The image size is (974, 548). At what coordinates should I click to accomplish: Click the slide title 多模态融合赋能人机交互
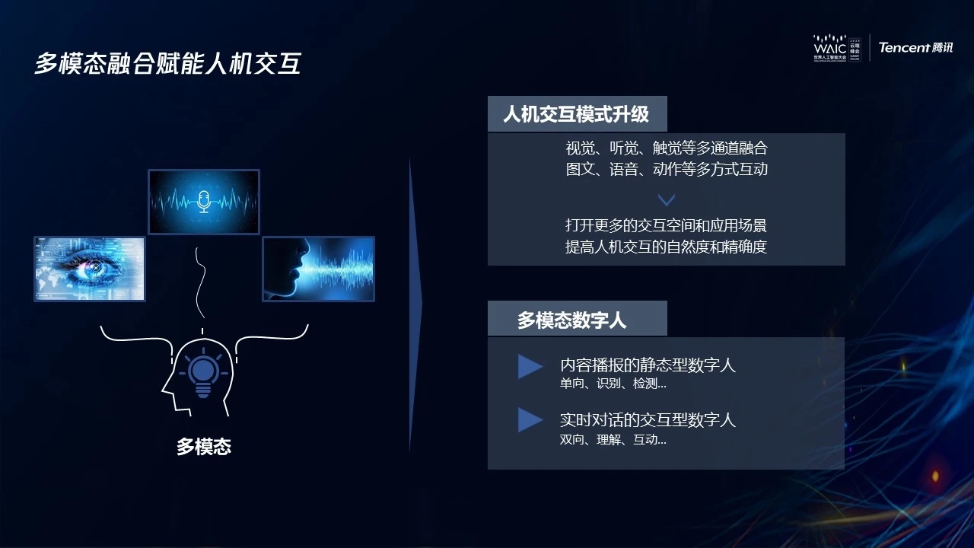pos(168,63)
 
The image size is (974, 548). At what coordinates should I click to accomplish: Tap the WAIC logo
pos(837,48)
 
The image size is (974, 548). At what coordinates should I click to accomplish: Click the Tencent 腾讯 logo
pos(915,47)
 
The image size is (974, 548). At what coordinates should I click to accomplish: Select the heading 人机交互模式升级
pos(576,114)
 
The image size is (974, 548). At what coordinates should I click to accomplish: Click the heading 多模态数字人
pos(571,320)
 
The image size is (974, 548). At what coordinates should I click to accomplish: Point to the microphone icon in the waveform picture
pos(203,202)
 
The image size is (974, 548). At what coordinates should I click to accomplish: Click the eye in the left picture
pos(94,268)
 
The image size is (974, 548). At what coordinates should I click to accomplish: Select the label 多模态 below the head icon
pos(203,447)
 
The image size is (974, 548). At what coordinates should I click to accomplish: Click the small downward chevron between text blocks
pos(666,199)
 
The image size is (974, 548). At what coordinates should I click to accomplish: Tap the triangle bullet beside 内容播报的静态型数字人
pos(530,367)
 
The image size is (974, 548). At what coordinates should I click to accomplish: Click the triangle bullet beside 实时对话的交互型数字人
pos(530,419)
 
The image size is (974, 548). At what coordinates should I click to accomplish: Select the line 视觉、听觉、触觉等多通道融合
pos(667,148)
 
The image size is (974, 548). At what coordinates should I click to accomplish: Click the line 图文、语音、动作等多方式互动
pos(667,169)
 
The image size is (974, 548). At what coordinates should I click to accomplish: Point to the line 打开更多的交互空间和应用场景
pos(666,225)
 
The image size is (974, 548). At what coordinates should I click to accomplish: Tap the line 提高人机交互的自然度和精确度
pos(666,247)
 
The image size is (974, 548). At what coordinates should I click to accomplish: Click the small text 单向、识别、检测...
pos(613,384)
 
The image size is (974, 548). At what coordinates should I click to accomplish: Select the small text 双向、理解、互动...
pos(613,440)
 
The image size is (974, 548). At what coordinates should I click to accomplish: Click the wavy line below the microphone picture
pos(202,282)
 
